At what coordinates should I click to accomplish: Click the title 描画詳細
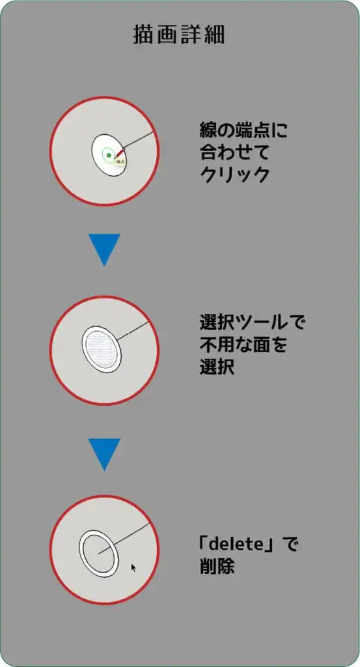point(179,35)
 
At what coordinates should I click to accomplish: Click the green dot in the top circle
point(109,156)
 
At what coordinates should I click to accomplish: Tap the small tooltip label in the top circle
point(120,162)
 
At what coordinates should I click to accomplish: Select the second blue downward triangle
point(104,454)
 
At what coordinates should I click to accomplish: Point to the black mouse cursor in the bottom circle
point(134,568)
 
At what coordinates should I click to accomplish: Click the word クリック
point(234,174)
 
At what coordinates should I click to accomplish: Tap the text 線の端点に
point(243,130)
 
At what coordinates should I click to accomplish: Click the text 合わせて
point(234,152)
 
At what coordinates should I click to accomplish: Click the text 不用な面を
point(243,345)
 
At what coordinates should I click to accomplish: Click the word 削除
point(217,567)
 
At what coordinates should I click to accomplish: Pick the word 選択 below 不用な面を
point(217,367)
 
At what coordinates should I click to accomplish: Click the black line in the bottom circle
point(124,538)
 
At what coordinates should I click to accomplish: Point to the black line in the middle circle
point(133,331)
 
